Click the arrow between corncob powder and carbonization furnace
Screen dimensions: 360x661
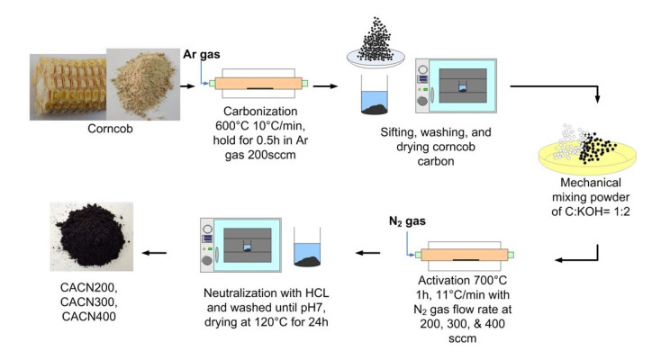click(187, 85)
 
